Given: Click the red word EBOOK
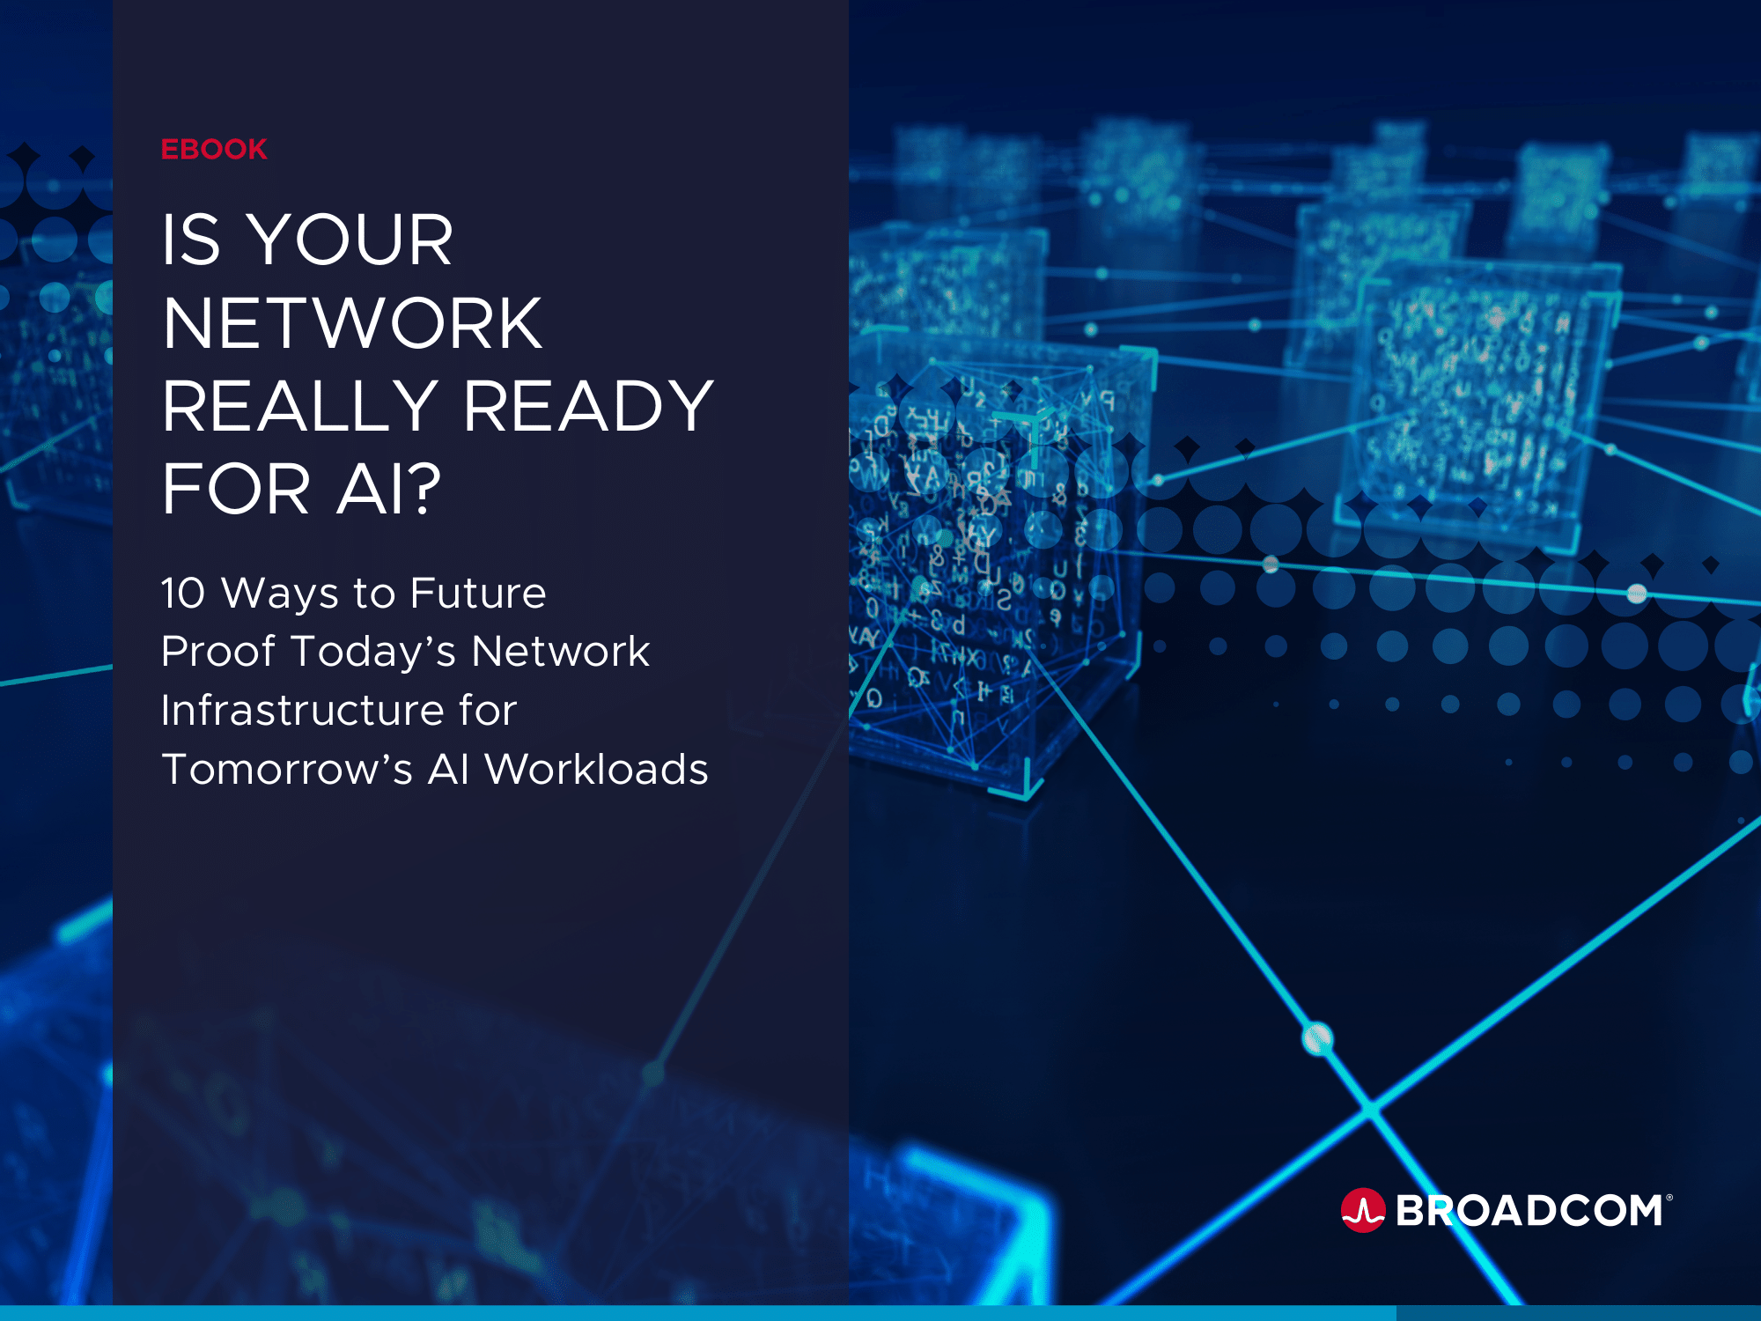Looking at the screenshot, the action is point(214,149).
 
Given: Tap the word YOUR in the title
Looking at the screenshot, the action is point(350,240).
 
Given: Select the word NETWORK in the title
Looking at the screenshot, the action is point(352,323).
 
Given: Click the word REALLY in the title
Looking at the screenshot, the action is point(300,406).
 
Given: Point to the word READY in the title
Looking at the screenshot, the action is point(588,406).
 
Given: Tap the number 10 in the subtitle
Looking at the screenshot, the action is point(183,593).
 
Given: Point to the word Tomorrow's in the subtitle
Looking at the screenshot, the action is point(287,769).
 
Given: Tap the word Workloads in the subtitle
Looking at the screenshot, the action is point(596,769).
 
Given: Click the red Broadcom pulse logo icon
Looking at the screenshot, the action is point(1363,1211).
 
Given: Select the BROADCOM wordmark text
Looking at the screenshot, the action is point(1529,1211).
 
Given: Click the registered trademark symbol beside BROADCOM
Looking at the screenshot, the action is point(1669,1198).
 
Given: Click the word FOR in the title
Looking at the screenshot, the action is point(236,489).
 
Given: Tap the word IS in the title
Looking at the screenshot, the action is point(190,240).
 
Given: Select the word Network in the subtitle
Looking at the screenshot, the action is point(561,652).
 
